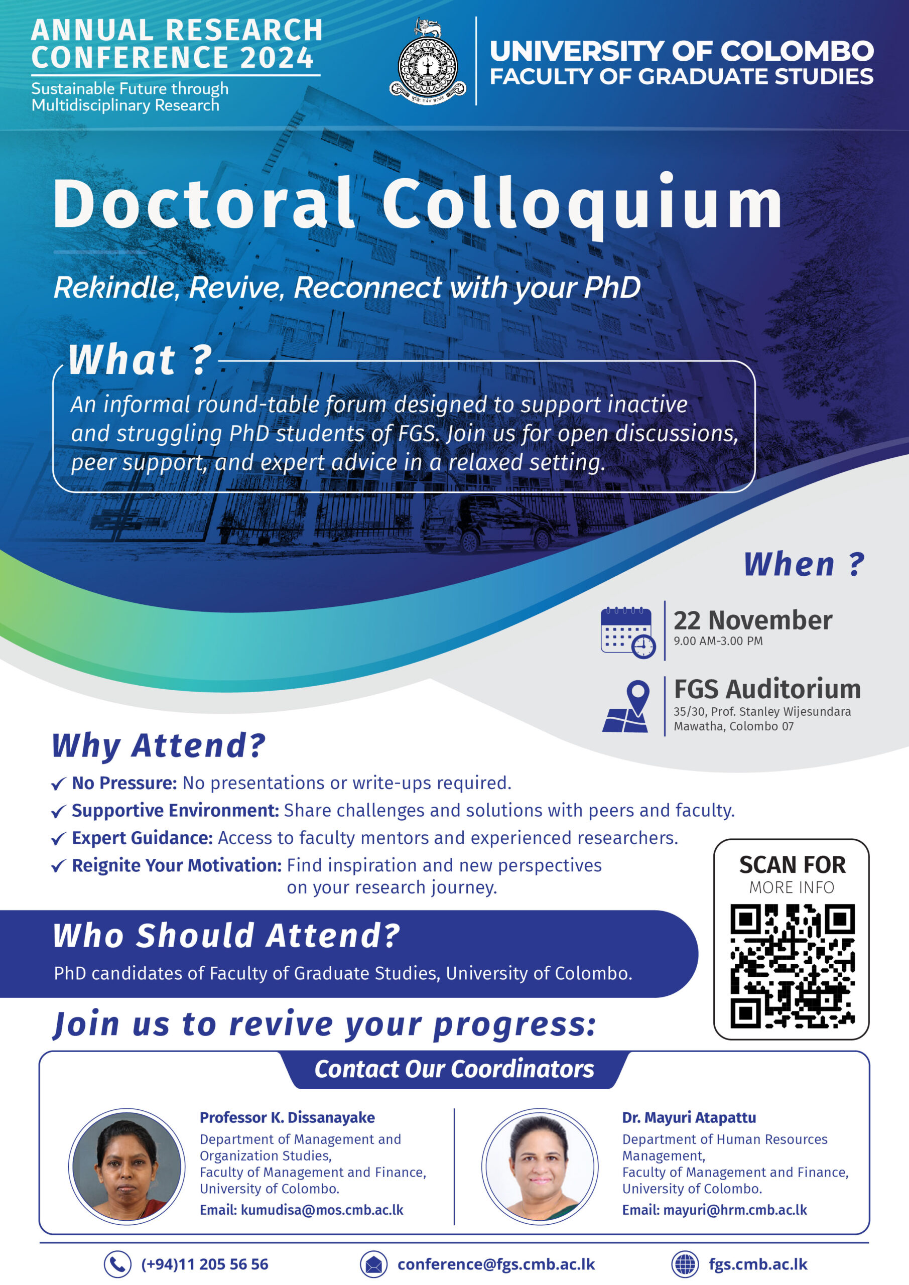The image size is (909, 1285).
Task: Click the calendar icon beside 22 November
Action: [627, 632]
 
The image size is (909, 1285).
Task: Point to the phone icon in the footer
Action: [117, 1264]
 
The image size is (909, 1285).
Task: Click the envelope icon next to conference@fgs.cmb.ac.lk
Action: [373, 1264]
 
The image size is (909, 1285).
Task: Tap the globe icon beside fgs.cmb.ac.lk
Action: [685, 1264]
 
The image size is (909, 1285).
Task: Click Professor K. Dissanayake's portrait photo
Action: [126, 1167]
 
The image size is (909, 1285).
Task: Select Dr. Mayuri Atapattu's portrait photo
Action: [540, 1167]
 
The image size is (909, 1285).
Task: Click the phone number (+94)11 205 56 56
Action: [204, 1264]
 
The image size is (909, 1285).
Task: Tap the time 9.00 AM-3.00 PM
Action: [718, 641]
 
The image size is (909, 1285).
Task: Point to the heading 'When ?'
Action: [804, 564]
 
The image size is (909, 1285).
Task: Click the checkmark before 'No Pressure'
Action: [58, 784]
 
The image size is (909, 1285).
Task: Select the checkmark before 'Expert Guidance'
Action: [58, 839]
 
